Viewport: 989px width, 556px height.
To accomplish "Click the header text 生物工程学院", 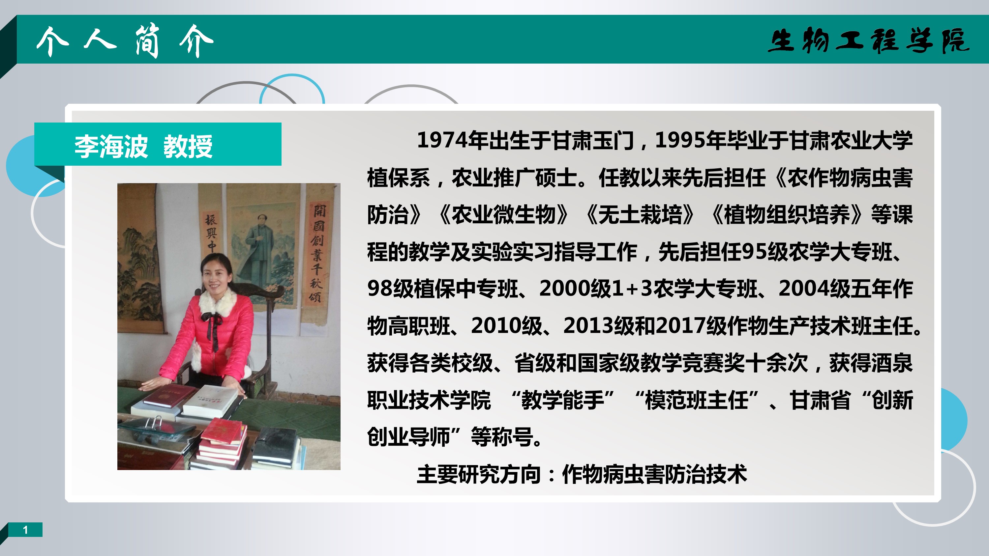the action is coord(868,40).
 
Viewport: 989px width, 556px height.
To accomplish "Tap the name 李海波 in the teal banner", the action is coord(111,146).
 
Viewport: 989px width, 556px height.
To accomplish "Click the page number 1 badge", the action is coord(25,530).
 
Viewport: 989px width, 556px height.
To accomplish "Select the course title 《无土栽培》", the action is coord(640,214).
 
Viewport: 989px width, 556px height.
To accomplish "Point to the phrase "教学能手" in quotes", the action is coord(563,400).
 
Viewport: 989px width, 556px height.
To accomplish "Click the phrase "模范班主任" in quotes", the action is coord(697,400).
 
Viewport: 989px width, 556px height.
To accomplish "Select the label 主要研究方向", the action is coord(479,474).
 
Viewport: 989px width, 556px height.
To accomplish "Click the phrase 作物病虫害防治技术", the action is coord(655,474).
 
